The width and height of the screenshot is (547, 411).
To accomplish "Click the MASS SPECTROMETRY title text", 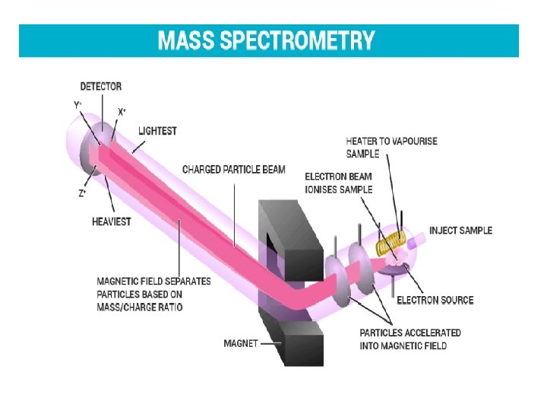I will pos(266,40).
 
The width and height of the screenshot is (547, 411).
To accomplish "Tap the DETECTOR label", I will pos(101,87).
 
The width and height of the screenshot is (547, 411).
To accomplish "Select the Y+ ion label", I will pos(77,104).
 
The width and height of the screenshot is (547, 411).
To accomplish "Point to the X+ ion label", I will pos(122,111).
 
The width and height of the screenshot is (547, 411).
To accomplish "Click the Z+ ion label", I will pos(82,193).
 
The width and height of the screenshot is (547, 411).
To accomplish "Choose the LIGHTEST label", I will pos(157,131).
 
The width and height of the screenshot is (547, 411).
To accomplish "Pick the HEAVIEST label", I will pos(112,221).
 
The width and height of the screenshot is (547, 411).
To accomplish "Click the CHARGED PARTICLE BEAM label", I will pos(234,169).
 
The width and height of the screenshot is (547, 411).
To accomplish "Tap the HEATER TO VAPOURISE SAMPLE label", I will pos(391,147).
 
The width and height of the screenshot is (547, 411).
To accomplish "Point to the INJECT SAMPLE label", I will pos(460,231).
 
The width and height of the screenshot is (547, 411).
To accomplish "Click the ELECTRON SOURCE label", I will pos(435,300).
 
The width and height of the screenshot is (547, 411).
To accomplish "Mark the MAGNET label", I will pos(240,343).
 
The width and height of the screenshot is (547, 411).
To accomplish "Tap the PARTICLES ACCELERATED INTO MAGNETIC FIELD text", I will pos(409,339).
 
